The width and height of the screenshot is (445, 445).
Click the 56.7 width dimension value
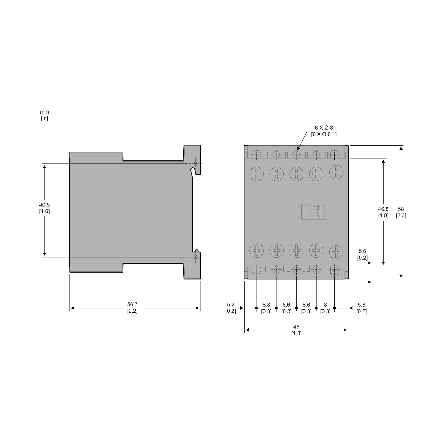point(132,304)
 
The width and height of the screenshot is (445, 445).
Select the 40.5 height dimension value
point(44,205)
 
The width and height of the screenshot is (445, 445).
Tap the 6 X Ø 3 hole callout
point(324,128)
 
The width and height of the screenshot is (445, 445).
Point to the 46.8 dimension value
point(383,209)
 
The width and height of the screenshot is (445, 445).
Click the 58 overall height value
point(401,209)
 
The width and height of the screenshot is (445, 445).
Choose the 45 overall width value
point(296,327)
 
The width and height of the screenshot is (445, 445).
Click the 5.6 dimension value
point(362,251)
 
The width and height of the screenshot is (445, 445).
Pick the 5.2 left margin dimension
point(231,304)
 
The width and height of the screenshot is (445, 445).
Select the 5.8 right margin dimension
point(362,304)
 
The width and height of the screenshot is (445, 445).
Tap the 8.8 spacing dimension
point(266,305)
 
